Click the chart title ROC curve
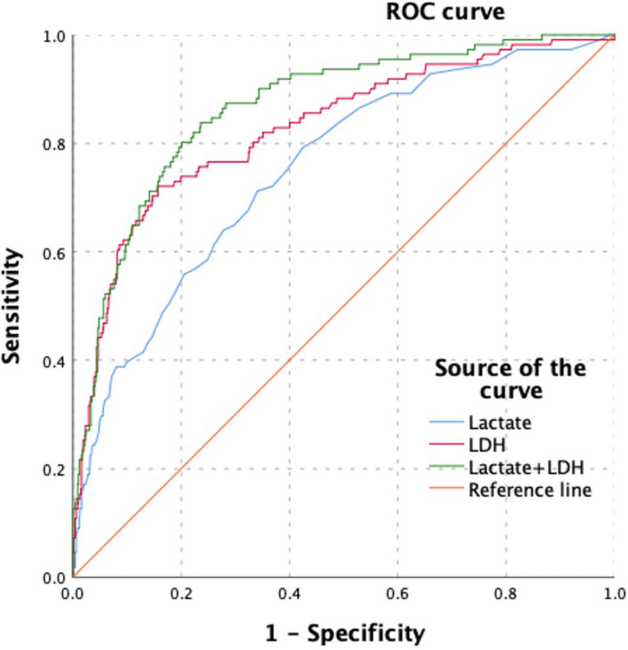pyautogui.click(x=445, y=12)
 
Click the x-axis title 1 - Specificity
pyautogui.click(x=345, y=633)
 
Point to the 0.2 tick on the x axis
pyautogui.click(x=181, y=593)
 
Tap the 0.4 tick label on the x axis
pyautogui.click(x=290, y=593)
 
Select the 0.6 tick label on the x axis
pyautogui.click(x=398, y=593)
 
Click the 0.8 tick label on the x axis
pyautogui.click(x=507, y=593)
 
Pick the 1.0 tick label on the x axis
pyautogui.click(x=614, y=593)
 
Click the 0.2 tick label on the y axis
pyautogui.click(x=53, y=469)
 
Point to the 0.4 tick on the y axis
pyautogui.click(x=53, y=361)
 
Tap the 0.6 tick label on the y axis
pyautogui.click(x=53, y=252)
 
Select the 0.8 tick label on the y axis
pyautogui.click(x=53, y=144)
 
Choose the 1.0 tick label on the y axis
pyautogui.click(x=53, y=36)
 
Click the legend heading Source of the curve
pyautogui.click(x=510, y=379)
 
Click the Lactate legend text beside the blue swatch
pyautogui.click(x=499, y=423)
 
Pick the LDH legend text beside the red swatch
pyautogui.click(x=487, y=445)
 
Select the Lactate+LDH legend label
pyautogui.click(x=525, y=467)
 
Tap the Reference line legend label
pyautogui.click(x=530, y=489)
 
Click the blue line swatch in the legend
pyautogui.click(x=446, y=423)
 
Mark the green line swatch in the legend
pyautogui.click(x=446, y=468)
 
